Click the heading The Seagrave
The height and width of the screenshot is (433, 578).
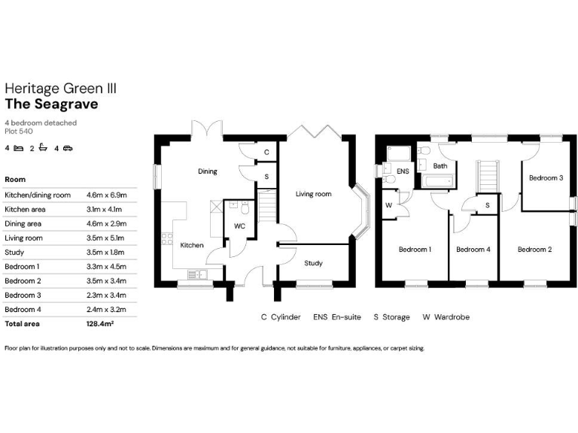point(51,104)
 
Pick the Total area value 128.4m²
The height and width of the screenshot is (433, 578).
point(102,324)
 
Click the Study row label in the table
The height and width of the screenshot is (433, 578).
point(14,252)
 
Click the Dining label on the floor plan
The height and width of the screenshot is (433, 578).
point(208,171)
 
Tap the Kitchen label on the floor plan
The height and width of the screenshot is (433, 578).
point(191,245)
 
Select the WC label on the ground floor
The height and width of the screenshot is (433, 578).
point(239,226)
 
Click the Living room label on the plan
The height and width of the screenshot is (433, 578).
point(313,194)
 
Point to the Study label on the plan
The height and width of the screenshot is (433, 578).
point(313,263)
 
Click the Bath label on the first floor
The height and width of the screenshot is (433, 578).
point(440,166)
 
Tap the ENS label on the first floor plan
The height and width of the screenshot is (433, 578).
point(403,171)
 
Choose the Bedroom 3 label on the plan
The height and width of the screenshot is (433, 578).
point(546,178)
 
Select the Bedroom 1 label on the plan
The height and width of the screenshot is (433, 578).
point(415,249)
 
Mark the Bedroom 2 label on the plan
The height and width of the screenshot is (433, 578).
point(534,249)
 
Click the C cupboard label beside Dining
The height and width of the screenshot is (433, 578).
point(266,153)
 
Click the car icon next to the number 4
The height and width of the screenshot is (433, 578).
point(67,148)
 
